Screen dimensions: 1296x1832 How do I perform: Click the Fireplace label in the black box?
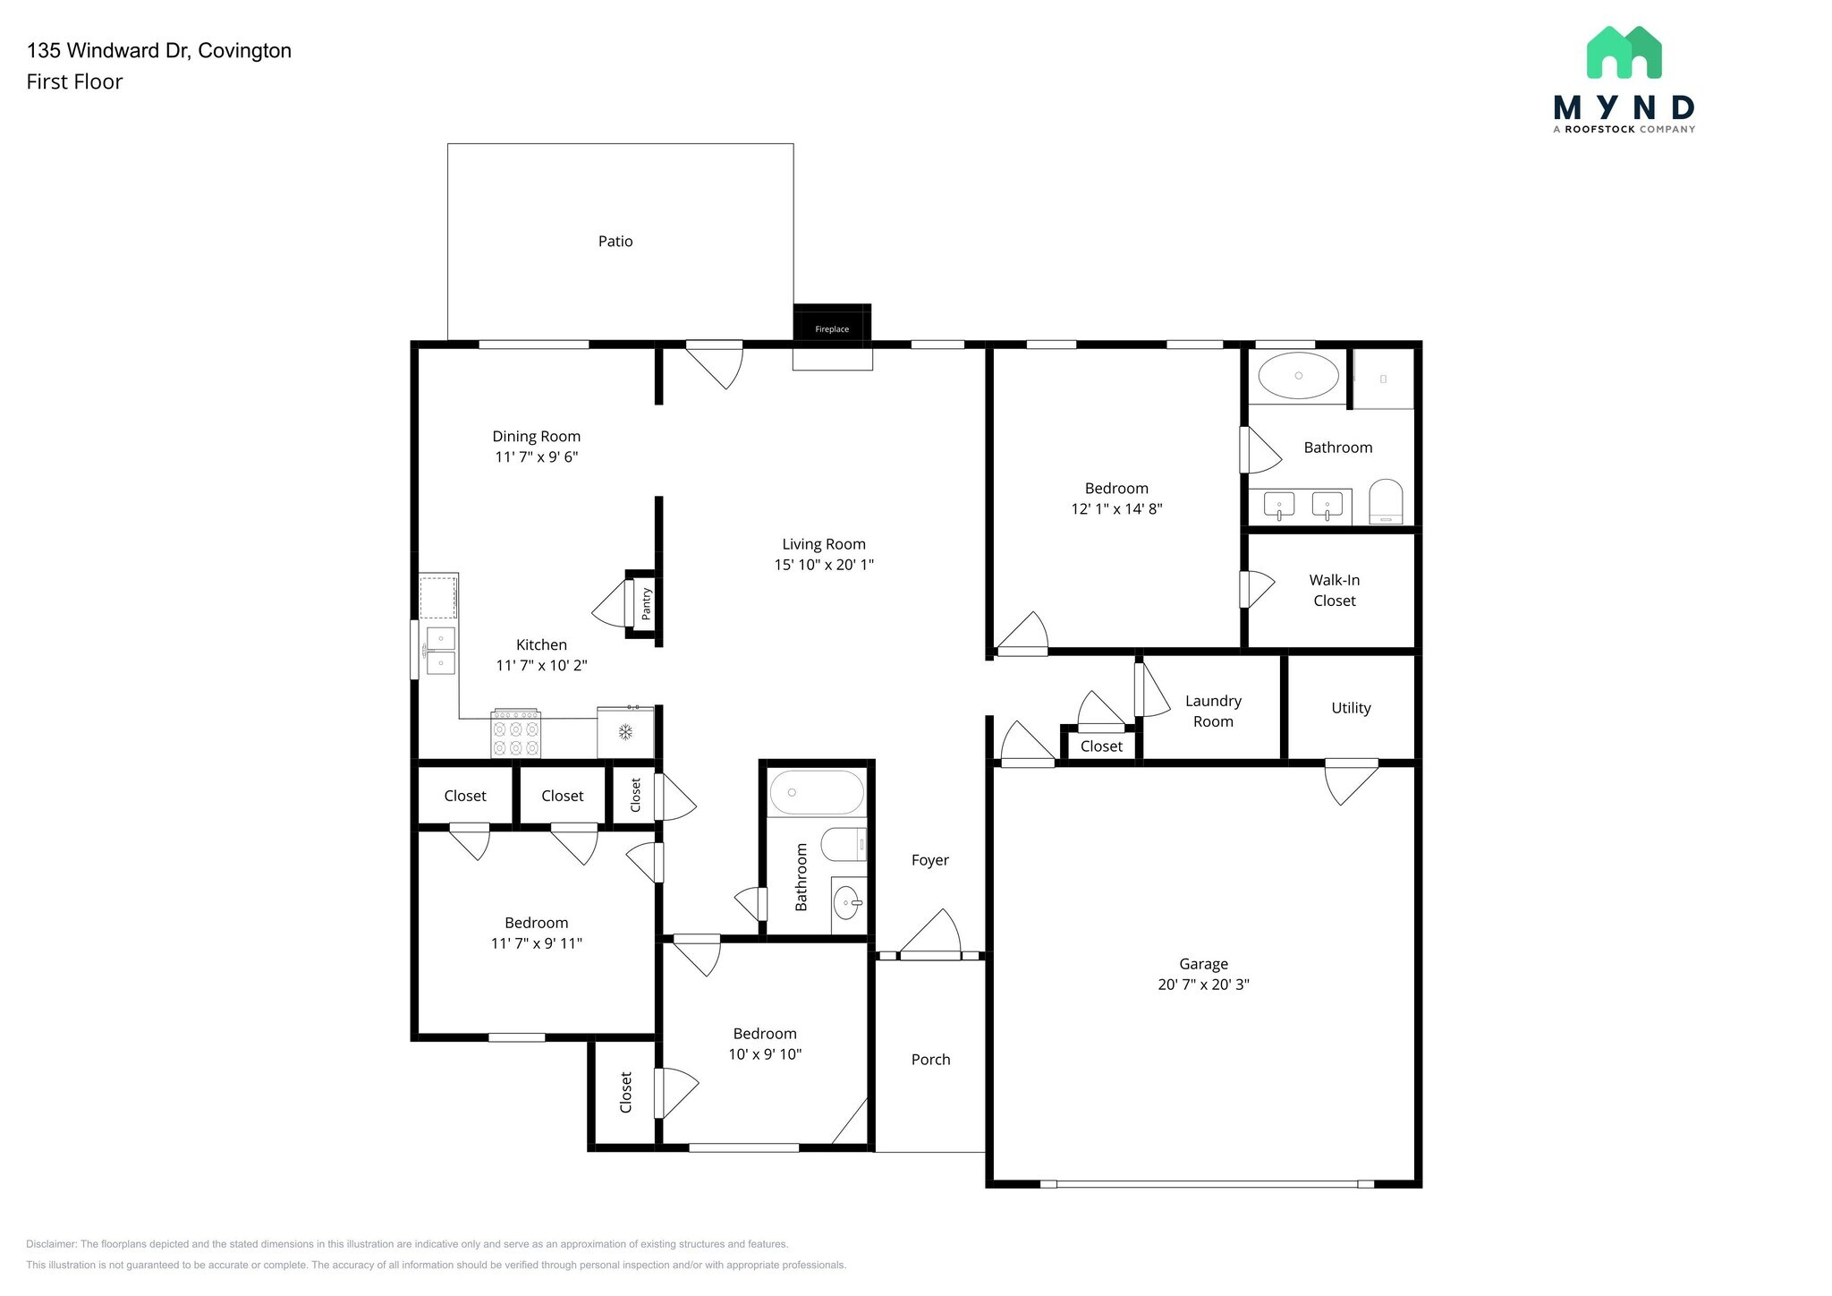(831, 329)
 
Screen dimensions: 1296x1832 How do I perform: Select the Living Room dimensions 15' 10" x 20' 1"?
(823, 565)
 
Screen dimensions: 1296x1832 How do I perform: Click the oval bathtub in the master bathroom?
(1298, 376)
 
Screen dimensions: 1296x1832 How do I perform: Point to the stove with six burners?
(515, 734)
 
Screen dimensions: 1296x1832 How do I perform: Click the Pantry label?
(647, 604)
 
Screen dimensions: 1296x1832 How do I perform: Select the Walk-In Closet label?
(1334, 591)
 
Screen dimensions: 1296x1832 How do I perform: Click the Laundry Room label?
(1212, 712)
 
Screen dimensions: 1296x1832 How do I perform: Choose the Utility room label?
(1350, 708)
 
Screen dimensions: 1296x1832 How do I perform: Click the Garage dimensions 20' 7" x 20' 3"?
(1202, 985)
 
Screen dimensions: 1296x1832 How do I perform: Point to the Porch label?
(930, 1060)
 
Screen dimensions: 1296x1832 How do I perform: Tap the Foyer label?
(929, 860)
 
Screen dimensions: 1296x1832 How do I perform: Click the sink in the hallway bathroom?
(847, 904)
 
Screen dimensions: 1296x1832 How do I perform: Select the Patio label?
(615, 242)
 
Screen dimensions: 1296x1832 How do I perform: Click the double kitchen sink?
(440, 651)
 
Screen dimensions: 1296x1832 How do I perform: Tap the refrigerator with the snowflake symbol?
(625, 732)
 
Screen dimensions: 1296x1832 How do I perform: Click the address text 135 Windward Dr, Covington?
(159, 51)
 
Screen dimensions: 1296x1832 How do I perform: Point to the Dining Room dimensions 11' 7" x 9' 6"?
(536, 457)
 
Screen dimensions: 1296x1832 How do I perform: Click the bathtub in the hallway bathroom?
(816, 792)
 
